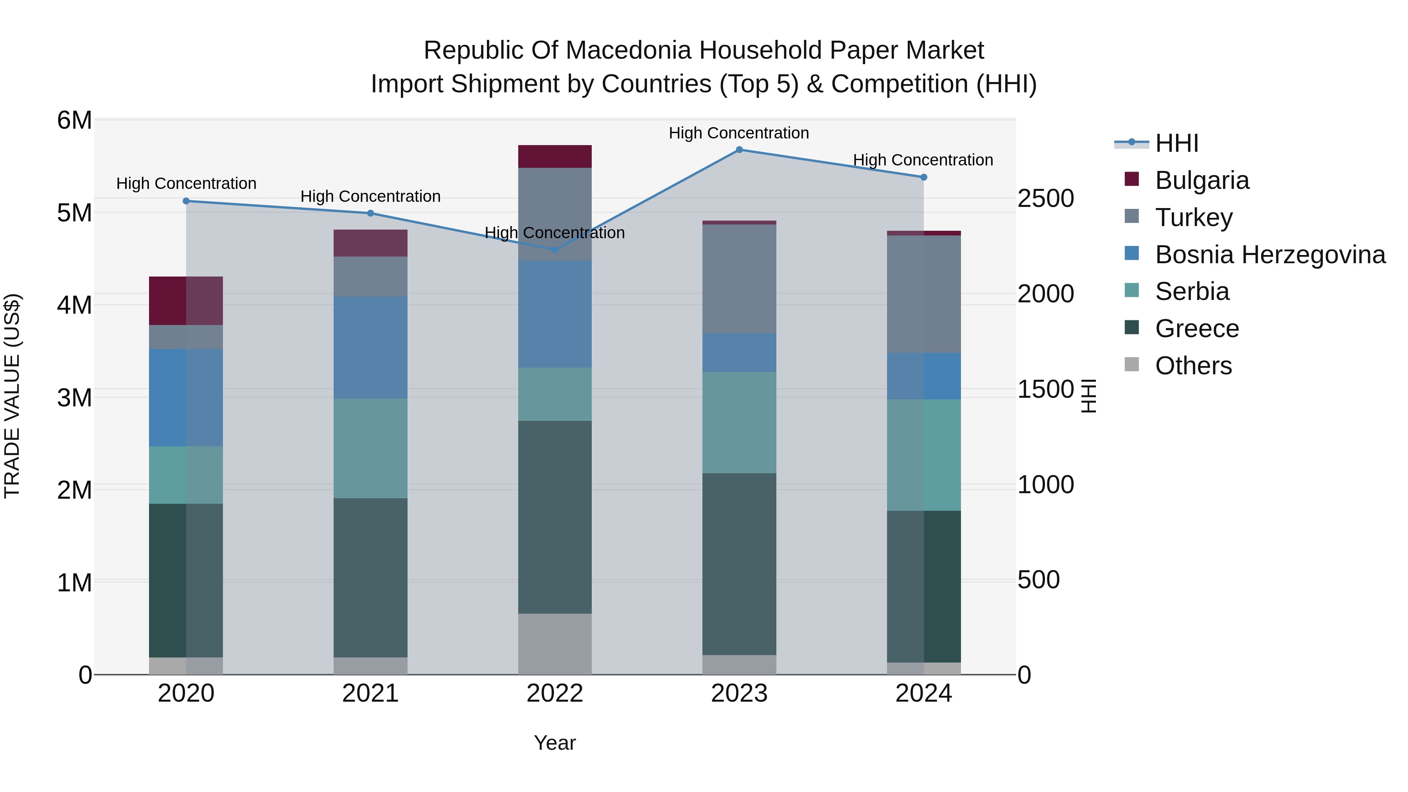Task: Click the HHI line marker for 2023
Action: click(739, 150)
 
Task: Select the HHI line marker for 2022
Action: click(555, 250)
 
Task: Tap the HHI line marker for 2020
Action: click(186, 201)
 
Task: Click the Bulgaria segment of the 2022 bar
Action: click(555, 156)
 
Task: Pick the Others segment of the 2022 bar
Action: click(555, 644)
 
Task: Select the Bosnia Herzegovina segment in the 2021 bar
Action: click(371, 348)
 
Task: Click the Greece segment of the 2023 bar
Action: click(739, 564)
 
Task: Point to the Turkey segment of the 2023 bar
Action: click(739, 279)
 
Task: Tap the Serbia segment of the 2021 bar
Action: click(371, 448)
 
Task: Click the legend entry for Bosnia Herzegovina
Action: click(1270, 255)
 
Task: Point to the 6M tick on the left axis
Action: click(74, 120)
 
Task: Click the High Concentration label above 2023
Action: click(738, 133)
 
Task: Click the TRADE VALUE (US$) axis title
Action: click(12, 396)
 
